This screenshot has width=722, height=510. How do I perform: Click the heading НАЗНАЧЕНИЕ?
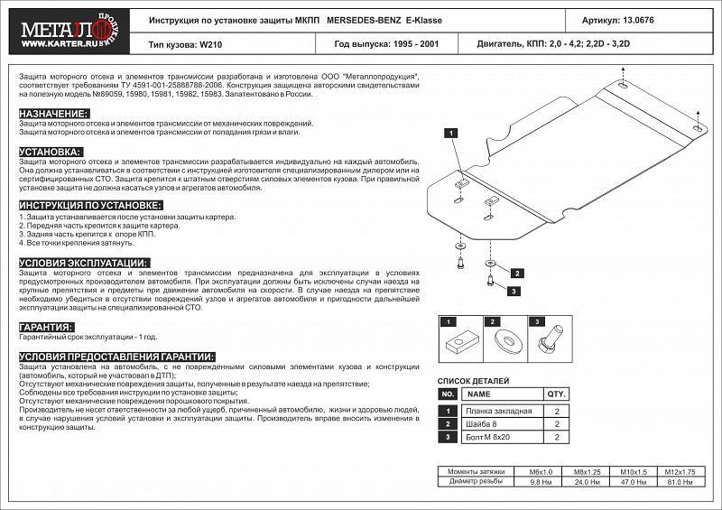tap(54, 113)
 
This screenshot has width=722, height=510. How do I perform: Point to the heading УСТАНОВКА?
tap(51, 152)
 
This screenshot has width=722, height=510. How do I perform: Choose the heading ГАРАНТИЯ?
tap(46, 328)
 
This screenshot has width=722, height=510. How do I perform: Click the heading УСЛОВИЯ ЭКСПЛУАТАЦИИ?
tap(84, 262)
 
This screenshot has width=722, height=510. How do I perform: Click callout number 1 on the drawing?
tap(449, 134)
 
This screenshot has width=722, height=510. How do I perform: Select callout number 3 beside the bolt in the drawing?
tap(513, 291)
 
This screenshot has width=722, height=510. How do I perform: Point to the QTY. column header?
tap(555, 394)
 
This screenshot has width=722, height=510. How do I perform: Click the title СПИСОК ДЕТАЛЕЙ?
tap(473, 382)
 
